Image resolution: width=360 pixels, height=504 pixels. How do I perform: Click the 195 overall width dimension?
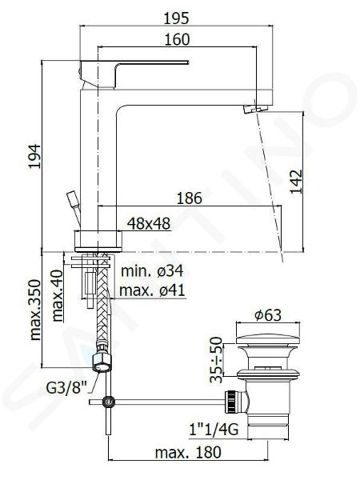(x=177, y=18)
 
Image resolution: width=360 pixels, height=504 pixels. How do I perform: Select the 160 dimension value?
(x=177, y=39)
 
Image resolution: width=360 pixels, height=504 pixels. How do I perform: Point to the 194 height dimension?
(x=34, y=156)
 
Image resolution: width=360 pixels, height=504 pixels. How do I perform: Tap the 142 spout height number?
(x=296, y=182)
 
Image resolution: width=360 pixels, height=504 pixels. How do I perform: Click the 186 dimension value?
(x=190, y=198)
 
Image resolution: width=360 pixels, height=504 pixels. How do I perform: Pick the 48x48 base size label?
(x=149, y=223)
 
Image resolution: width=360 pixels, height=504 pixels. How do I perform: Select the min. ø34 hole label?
(x=152, y=270)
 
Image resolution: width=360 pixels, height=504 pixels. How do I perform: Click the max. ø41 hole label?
(x=152, y=290)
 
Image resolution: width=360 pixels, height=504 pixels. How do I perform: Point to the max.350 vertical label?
(x=35, y=310)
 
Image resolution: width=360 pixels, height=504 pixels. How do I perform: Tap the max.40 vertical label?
(x=58, y=296)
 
